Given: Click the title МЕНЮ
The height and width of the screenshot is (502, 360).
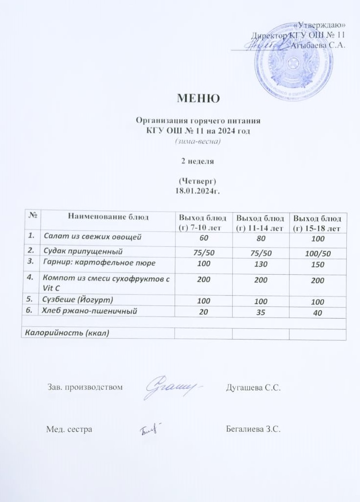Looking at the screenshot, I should [198, 99].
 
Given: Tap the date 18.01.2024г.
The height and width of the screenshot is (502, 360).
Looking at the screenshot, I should [198, 190].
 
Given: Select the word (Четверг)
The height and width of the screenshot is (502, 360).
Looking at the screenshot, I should [198, 181].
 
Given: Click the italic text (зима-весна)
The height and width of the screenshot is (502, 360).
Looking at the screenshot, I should [198, 141].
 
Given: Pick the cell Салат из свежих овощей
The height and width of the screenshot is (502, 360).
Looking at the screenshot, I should [93, 238].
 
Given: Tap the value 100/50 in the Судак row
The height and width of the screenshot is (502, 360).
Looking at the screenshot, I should [317, 253].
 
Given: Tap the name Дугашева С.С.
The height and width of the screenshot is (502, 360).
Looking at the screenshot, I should [254, 388].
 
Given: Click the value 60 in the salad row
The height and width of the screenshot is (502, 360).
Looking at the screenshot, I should [203, 238].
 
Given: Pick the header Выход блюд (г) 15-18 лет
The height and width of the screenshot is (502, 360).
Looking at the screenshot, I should [317, 222].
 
